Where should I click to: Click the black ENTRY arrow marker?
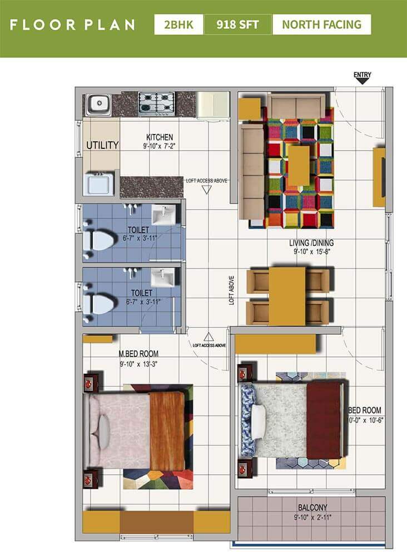(362, 81)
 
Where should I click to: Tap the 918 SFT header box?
(237, 25)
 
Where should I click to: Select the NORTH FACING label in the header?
(321, 25)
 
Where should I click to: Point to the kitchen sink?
(98, 103)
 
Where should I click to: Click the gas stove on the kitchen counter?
(156, 103)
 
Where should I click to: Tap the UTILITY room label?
(102, 146)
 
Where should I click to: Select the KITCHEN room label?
(160, 137)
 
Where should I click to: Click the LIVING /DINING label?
(315, 242)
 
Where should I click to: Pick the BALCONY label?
(311, 507)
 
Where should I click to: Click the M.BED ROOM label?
(138, 354)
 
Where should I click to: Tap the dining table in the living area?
(287, 296)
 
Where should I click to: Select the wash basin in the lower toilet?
(163, 276)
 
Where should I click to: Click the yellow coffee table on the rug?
(299, 165)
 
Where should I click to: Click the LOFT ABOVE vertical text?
(232, 290)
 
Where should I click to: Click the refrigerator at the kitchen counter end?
(213, 105)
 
